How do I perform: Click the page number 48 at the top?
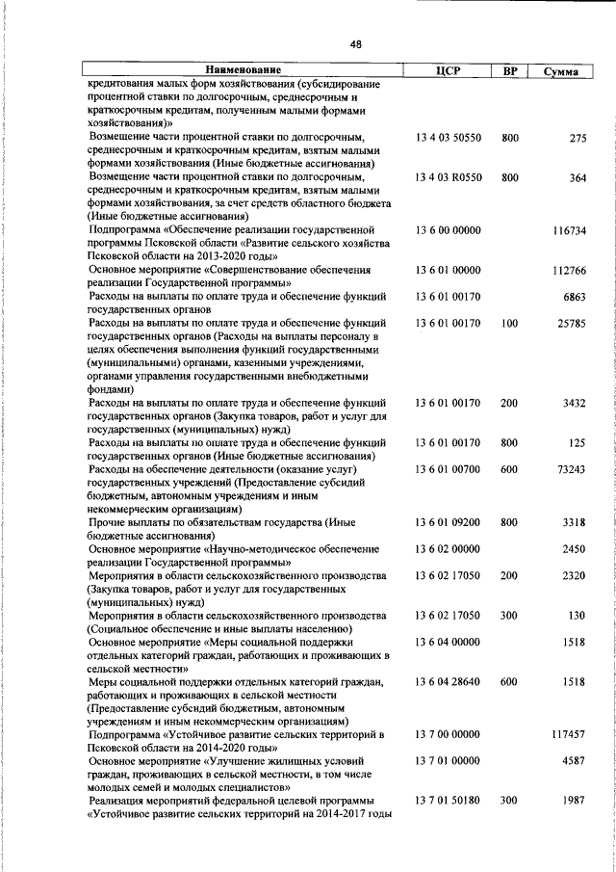[355, 43]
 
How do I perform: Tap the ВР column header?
[510, 70]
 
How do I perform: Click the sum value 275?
[577, 138]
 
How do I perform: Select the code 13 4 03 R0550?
[448, 177]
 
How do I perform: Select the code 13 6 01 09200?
[448, 521]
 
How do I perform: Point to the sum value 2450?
[575, 548]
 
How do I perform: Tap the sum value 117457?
[570, 734]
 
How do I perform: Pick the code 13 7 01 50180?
[448, 801]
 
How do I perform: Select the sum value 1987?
[575, 801]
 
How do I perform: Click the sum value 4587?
[575, 761]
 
